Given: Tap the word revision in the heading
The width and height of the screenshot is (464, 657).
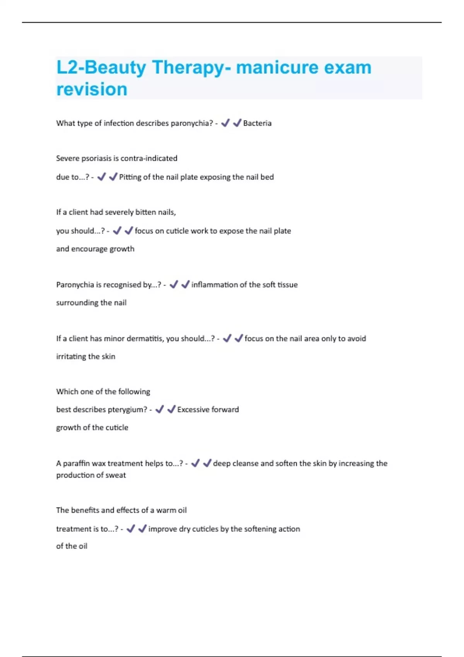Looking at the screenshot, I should [92, 89].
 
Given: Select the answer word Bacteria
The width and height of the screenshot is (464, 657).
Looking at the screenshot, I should [257, 123].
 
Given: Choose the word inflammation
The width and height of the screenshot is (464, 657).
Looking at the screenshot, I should [214, 285].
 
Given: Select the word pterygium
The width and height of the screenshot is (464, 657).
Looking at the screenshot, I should [127, 410].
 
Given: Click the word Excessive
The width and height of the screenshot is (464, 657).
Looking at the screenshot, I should [193, 410].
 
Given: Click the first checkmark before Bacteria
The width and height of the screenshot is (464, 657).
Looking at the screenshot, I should [225, 123].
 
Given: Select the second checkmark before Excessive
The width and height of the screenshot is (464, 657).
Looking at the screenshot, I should [171, 409].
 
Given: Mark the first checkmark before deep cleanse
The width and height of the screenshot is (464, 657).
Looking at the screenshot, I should [195, 463].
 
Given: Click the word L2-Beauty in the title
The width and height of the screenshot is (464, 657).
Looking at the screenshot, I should [101, 68].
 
